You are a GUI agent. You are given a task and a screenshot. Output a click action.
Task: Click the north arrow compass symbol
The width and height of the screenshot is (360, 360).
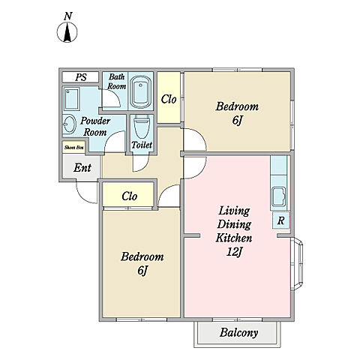point(67,32)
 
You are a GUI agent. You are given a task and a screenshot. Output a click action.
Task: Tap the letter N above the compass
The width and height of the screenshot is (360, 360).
point(67,16)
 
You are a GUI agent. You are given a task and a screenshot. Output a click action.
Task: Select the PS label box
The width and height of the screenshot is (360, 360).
point(80,77)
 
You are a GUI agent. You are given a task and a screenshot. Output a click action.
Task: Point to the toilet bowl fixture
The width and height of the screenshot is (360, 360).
point(142,126)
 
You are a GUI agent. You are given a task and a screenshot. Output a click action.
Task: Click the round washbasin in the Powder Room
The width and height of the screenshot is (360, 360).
point(69,124)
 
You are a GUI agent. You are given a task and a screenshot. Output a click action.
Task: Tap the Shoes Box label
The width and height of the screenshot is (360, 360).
point(73,147)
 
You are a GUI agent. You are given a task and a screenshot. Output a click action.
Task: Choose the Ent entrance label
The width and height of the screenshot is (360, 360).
point(82,168)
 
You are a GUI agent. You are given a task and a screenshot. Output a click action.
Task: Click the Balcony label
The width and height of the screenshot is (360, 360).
point(238,333)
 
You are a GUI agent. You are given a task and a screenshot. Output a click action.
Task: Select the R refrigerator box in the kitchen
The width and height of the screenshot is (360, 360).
point(280,220)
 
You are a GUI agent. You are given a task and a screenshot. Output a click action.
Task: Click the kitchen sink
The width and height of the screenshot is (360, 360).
point(279,196)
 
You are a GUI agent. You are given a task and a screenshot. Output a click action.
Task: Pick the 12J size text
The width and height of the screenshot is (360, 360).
point(234,252)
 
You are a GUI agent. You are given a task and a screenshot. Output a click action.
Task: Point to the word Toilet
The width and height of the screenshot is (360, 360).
point(142,145)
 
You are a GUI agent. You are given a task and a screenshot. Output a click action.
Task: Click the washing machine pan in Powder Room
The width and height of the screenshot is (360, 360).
point(71,99)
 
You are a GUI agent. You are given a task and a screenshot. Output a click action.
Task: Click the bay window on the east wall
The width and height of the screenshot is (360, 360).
point(297,264)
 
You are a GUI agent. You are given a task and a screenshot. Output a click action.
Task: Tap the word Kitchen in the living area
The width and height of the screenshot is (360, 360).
point(234,238)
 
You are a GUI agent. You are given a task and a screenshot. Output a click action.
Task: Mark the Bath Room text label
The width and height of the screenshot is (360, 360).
point(116,82)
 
